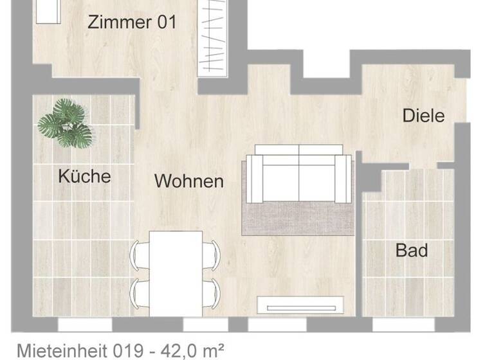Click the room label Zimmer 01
[x=131, y=22]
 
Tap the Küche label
[x=84, y=175]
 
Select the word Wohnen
[x=188, y=181]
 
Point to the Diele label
[x=423, y=116]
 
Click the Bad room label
[x=411, y=250]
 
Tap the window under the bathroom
[x=403, y=325]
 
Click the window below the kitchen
[x=80, y=325]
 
